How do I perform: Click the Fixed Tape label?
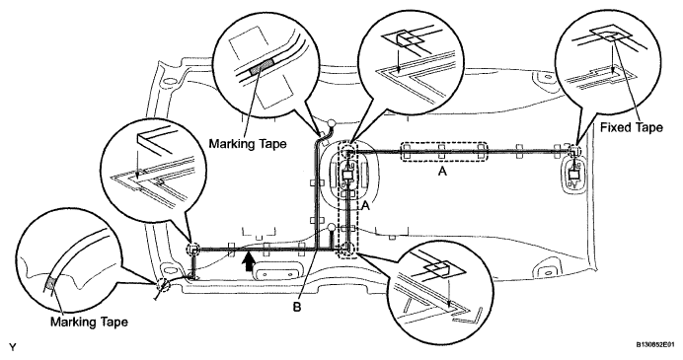point(631,127)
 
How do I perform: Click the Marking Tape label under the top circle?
point(248,143)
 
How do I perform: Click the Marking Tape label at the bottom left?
point(89,323)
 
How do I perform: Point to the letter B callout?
point(297,308)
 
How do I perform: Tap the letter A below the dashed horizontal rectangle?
point(442,172)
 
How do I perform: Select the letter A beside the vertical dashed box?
point(366,206)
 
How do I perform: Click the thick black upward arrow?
point(248,261)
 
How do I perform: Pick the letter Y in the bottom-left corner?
point(13,347)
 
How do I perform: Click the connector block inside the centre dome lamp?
point(348,175)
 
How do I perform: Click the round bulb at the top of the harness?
point(332,123)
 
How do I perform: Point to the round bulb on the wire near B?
point(332,227)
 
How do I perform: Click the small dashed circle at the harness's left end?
point(192,249)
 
